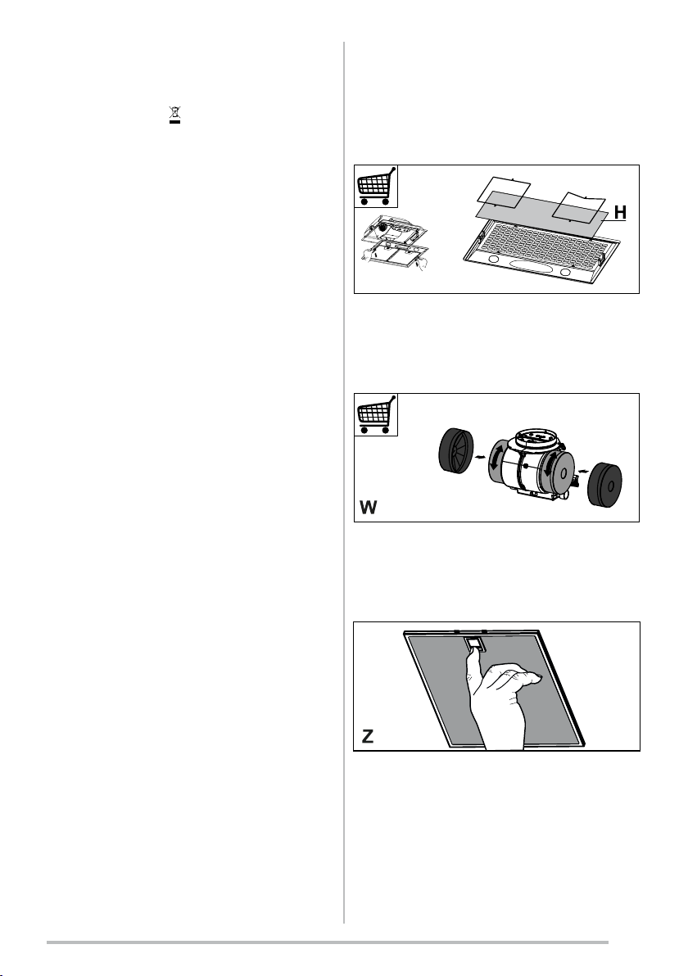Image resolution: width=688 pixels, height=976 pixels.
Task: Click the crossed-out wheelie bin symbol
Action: tap(175, 115)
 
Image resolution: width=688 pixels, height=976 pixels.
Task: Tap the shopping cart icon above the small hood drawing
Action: tap(376, 186)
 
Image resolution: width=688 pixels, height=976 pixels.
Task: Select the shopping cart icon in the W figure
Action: tap(376, 414)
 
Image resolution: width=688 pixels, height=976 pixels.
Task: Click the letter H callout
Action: tap(620, 212)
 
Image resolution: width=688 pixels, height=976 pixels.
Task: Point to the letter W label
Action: tap(369, 508)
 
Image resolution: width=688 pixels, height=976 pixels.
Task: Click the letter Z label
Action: tap(368, 736)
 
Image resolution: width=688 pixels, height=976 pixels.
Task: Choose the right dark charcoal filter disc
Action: tap(605, 482)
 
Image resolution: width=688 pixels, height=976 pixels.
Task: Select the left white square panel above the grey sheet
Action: tap(503, 189)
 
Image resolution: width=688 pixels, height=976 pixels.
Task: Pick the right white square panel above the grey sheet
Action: tap(579, 206)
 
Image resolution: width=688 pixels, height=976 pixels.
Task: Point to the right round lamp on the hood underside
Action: tap(568, 272)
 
